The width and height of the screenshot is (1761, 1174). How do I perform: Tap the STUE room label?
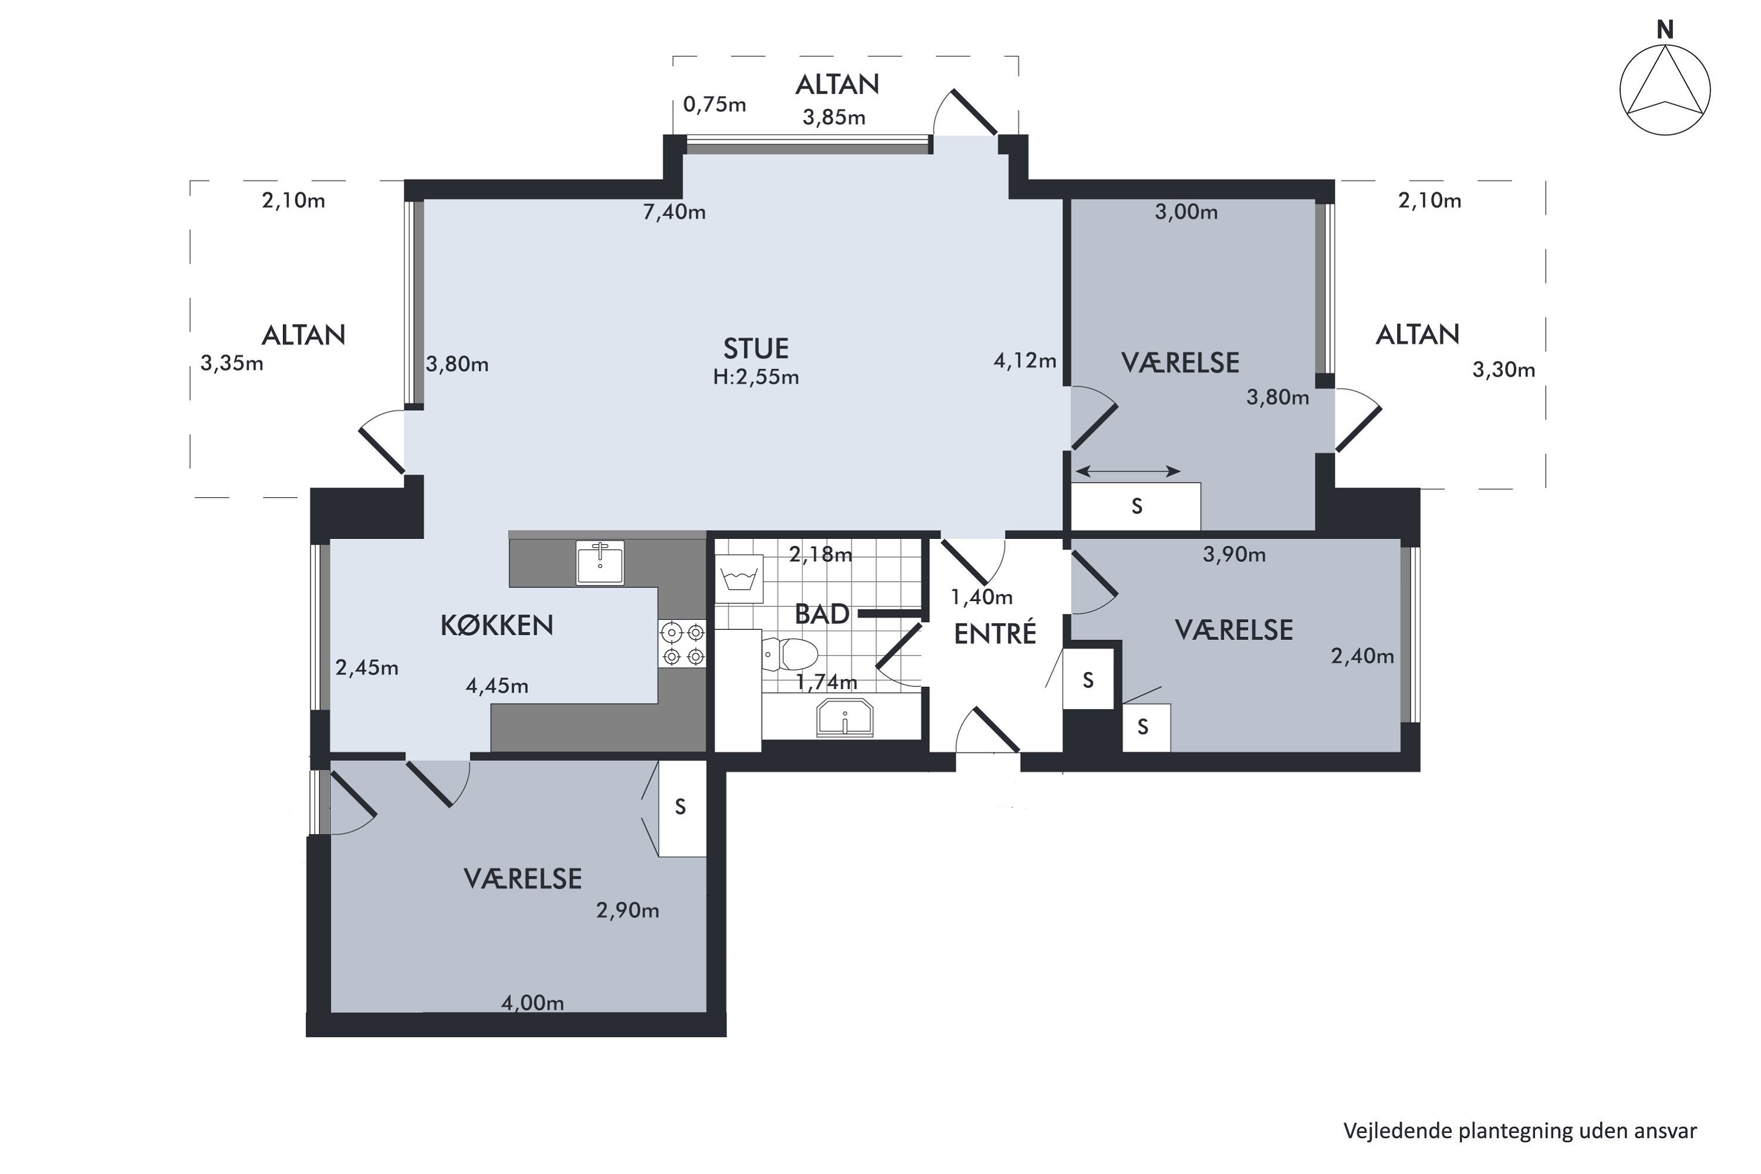click(755, 349)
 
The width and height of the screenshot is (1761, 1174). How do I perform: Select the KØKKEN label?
click(497, 625)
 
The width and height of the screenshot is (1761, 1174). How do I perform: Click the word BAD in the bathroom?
click(821, 614)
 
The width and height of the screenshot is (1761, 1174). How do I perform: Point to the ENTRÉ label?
click(995, 633)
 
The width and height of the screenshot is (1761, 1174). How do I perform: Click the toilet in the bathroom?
click(788, 654)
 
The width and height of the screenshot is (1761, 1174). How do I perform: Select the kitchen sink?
click(600, 562)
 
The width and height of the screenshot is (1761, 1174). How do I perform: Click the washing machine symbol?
click(739, 579)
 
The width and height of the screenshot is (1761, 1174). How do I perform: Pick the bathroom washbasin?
click(845, 718)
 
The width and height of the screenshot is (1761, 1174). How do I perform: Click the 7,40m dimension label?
click(674, 212)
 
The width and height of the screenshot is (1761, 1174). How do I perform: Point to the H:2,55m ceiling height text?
click(755, 377)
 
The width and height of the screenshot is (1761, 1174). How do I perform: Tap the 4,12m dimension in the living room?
click(1024, 361)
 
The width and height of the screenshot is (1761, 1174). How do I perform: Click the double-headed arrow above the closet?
click(1128, 471)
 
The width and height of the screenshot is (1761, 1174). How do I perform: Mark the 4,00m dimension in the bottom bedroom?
click(532, 1003)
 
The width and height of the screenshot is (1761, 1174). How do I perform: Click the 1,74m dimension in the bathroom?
click(826, 682)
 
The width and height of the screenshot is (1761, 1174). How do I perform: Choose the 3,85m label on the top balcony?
click(834, 117)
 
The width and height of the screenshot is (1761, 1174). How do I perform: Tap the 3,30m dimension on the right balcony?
click(1503, 370)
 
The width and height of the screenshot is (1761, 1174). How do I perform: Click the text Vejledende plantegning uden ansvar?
click(1520, 1131)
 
